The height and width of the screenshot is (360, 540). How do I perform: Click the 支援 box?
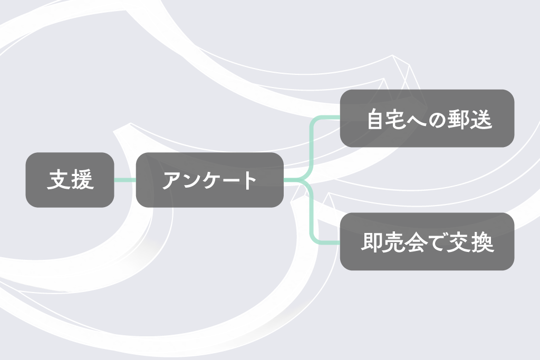tap(70, 180)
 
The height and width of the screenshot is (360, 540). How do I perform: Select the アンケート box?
tap(210, 180)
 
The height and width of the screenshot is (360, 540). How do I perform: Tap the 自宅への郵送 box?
tap(427, 119)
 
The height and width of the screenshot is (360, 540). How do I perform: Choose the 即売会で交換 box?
tap(427, 241)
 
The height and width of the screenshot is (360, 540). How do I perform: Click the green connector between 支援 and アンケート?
tap(125, 180)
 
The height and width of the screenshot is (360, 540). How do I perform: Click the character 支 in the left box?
tap(59, 179)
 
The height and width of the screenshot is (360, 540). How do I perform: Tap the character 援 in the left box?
tap(82, 179)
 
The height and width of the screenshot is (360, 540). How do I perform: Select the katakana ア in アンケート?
tap(172, 180)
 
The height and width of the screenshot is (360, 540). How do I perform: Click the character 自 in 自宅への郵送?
tap(375, 119)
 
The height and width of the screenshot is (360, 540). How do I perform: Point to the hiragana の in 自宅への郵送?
tap(437, 120)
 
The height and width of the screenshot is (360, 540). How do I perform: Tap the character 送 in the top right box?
tap(481, 119)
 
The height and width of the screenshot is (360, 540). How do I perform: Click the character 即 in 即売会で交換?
tap(371, 242)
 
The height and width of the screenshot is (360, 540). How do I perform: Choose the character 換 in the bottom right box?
tap(483, 242)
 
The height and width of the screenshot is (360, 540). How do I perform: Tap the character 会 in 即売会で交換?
tap(416, 242)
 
